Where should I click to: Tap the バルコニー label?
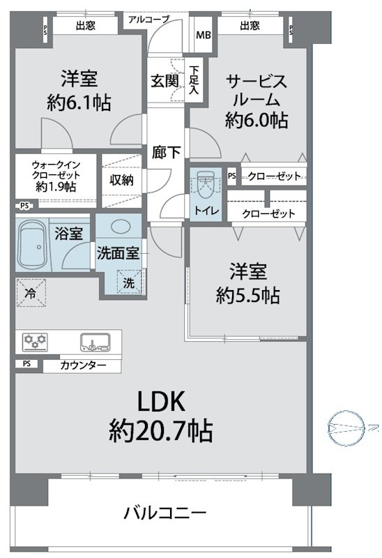tap(165, 513)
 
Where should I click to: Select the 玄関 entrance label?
tap(165, 81)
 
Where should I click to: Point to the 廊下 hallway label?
tap(166, 152)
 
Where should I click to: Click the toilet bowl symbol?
tap(205, 184)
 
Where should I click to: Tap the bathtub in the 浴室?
tap(33, 246)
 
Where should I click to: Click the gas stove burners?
tap(34, 341)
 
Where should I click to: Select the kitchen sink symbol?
tap(95, 342)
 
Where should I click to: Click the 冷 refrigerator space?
tap(31, 292)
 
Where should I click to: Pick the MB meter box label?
tap(204, 35)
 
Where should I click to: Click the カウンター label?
tap(83, 365)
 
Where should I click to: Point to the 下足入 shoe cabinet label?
tap(194, 80)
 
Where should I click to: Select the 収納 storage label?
tap(121, 180)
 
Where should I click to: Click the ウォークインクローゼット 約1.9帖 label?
tap(56, 176)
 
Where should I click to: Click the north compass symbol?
tap(345, 428)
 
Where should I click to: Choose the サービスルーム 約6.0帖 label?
tap(257, 100)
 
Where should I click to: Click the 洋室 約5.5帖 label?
tap(248, 284)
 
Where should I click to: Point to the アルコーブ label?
tap(148, 20)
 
